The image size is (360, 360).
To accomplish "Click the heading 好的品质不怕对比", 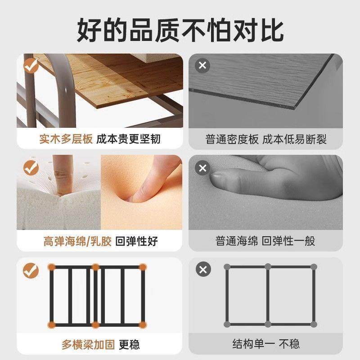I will (180, 29).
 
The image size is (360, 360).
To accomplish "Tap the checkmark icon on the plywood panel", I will (31, 67).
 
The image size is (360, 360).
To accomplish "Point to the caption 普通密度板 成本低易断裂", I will (266, 139).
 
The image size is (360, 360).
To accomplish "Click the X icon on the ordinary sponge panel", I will (202, 169).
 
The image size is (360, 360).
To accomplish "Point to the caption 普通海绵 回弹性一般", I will (266, 241).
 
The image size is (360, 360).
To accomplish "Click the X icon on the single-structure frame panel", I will (202, 270).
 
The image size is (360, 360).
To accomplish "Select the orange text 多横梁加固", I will (88, 344).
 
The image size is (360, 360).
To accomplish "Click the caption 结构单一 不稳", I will (266, 344).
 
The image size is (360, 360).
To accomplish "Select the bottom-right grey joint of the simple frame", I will (312, 324).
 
